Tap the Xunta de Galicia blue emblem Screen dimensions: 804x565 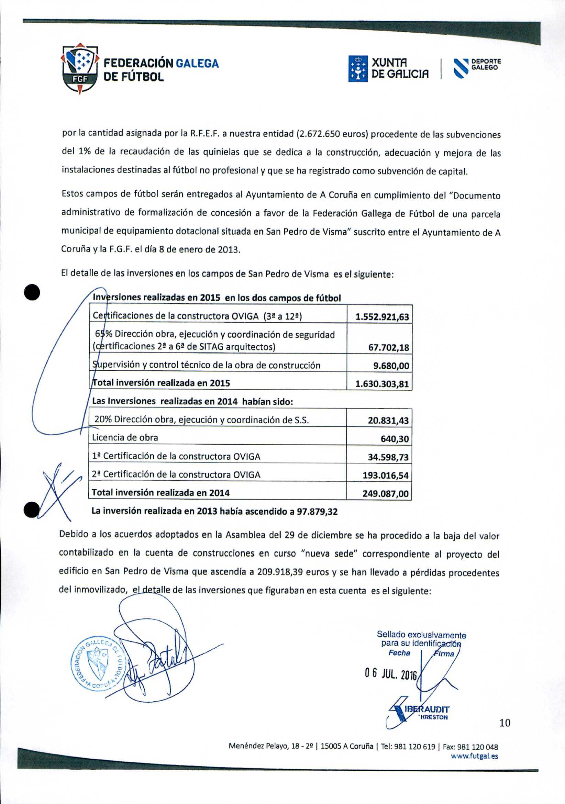(x=358, y=69)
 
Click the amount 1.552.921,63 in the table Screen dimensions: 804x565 (x=382, y=317)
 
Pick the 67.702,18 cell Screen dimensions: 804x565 (x=388, y=348)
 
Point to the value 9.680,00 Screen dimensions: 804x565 (x=391, y=366)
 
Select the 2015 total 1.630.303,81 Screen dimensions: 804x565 (x=382, y=384)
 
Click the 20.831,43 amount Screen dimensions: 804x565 (x=388, y=421)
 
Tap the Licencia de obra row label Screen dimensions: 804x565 (x=125, y=438)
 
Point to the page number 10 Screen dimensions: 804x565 (x=505, y=723)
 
